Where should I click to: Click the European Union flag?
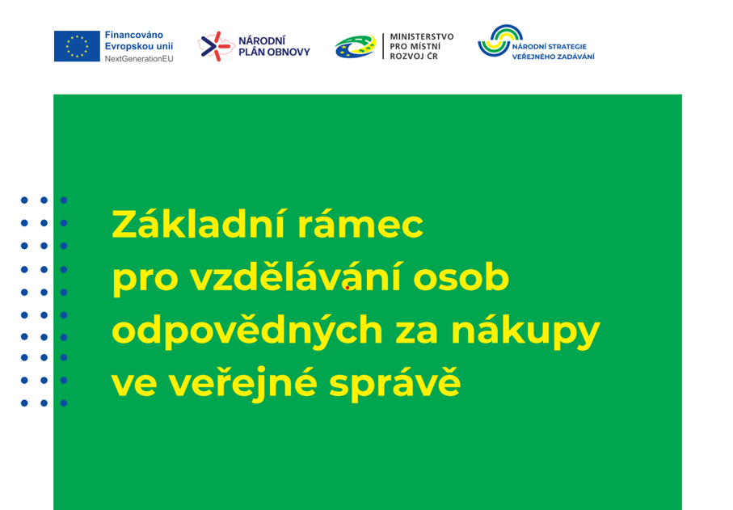(x=77, y=46)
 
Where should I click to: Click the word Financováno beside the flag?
(x=133, y=35)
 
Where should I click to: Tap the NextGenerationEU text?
(x=139, y=59)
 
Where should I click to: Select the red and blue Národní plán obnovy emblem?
(x=216, y=46)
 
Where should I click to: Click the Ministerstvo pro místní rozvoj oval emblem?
(x=356, y=46)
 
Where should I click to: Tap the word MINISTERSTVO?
(x=422, y=36)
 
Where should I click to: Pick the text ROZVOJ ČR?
(x=414, y=56)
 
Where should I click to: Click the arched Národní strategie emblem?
(x=499, y=40)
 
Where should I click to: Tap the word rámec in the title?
(x=360, y=225)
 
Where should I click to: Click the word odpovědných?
(x=247, y=331)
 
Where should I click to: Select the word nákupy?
(x=525, y=331)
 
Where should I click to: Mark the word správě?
(x=395, y=384)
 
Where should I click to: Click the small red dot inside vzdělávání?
(x=348, y=288)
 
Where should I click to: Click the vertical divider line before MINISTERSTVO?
(x=383, y=46)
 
